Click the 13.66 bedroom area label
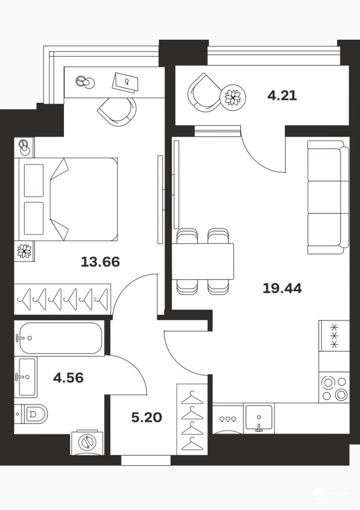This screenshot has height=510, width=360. point(100,262)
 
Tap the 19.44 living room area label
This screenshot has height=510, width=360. point(282,288)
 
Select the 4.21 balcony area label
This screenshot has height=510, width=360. point(282,96)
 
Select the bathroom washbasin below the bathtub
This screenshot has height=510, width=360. point(26,377)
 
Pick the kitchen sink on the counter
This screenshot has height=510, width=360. point(259,418)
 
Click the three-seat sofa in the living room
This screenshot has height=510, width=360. point(328,197)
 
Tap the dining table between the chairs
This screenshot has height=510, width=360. point(203,261)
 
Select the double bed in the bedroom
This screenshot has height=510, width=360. point(66,199)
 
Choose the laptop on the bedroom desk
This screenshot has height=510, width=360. point(125,82)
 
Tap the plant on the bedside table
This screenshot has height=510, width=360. point(24,251)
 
